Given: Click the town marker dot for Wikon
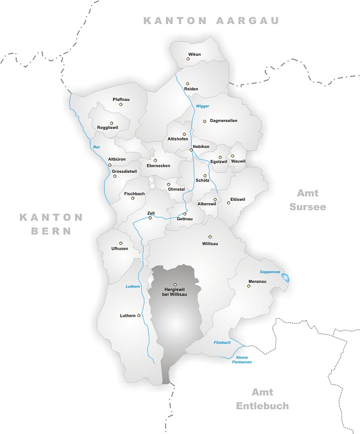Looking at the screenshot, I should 188,59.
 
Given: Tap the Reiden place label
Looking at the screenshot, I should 191,88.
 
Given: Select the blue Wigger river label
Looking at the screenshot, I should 202,106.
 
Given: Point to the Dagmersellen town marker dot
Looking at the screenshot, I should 204,121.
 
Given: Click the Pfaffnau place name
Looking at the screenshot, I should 121,99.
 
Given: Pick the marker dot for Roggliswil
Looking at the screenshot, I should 111,123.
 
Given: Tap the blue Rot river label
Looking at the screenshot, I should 96,147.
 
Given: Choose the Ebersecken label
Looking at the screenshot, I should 158,165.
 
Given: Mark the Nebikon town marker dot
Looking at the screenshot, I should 191,149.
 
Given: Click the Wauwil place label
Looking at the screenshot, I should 238,161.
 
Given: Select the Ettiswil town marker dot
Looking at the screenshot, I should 228,202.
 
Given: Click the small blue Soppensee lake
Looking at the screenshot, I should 285,277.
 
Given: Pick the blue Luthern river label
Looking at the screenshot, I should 132,286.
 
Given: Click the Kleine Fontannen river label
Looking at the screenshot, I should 241,360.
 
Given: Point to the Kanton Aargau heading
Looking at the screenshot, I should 211,20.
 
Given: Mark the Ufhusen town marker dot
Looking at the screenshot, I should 120,243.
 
